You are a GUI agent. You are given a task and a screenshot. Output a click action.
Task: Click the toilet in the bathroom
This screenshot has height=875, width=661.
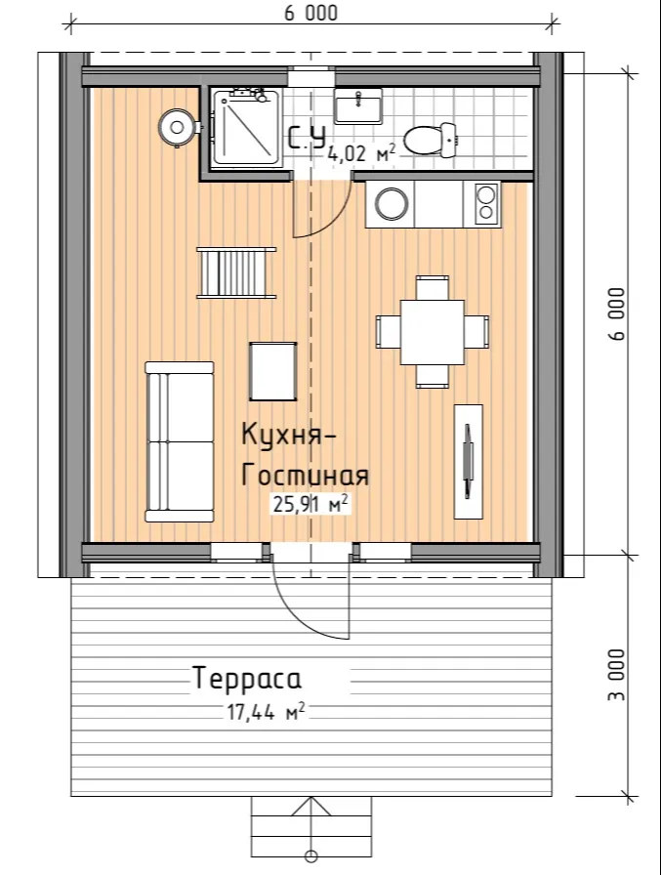[431, 140]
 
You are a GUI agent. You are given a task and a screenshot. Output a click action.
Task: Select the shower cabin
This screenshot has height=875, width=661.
[246, 128]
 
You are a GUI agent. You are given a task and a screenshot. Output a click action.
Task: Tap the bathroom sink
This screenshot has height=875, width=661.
[358, 105]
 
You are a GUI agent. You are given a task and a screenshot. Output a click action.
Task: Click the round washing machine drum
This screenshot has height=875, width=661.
[391, 203]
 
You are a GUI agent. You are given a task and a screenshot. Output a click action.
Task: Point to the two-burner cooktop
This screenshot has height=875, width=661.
[486, 203]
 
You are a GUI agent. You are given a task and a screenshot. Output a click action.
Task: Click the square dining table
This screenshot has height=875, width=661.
[433, 332]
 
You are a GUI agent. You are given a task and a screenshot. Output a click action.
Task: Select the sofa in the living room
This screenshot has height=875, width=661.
[180, 441]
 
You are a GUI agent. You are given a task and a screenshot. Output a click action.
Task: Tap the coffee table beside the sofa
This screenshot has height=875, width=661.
[272, 371]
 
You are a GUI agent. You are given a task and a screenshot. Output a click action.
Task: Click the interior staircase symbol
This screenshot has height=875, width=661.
[236, 272]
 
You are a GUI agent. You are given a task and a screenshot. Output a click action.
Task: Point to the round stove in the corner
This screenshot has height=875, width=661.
[178, 128]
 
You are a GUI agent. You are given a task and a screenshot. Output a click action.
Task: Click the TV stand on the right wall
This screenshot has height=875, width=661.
[469, 461]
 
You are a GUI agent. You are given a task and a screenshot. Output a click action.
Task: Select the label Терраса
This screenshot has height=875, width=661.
[247, 678]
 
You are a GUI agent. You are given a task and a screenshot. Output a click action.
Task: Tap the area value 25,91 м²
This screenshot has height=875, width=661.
[311, 504]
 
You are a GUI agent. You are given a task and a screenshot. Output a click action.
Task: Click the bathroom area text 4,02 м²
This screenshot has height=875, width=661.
[362, 152]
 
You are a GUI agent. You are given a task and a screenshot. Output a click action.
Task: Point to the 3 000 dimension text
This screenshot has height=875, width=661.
[617, 675]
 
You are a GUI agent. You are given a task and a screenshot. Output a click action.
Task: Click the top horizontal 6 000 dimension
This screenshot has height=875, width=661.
[310, 13]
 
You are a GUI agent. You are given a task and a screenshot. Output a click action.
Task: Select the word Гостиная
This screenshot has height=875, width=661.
[305, 476]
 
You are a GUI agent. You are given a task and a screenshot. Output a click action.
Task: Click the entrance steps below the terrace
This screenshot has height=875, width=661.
[311, 824]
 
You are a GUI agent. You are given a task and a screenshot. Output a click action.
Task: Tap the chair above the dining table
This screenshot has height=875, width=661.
[433, 287]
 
